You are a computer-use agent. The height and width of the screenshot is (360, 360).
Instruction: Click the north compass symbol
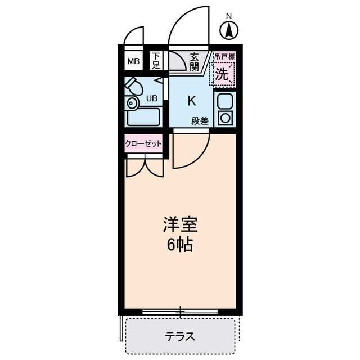tap(229, 30)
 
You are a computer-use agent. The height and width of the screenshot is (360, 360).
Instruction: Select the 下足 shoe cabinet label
tap(156, 61)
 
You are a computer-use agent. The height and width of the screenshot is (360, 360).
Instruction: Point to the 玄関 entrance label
tap(195, 61)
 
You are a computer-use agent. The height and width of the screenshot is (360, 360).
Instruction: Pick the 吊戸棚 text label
tap(224, 57)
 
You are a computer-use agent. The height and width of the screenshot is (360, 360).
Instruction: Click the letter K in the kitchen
tap(191, 101)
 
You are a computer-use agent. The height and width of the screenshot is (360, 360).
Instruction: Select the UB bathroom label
tap(152, 98)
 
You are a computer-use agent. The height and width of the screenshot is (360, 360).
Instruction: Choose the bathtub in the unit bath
tap(143, 117)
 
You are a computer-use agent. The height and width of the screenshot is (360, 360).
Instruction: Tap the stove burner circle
tap(225, 118)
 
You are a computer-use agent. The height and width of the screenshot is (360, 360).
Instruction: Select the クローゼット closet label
tap(143, 143)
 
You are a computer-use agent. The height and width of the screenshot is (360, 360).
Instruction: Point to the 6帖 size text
tap(180, 245)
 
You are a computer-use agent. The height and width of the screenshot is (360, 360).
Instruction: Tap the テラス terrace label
tap(180, 337)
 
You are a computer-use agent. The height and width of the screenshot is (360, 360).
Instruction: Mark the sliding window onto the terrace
tap(180, 311)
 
